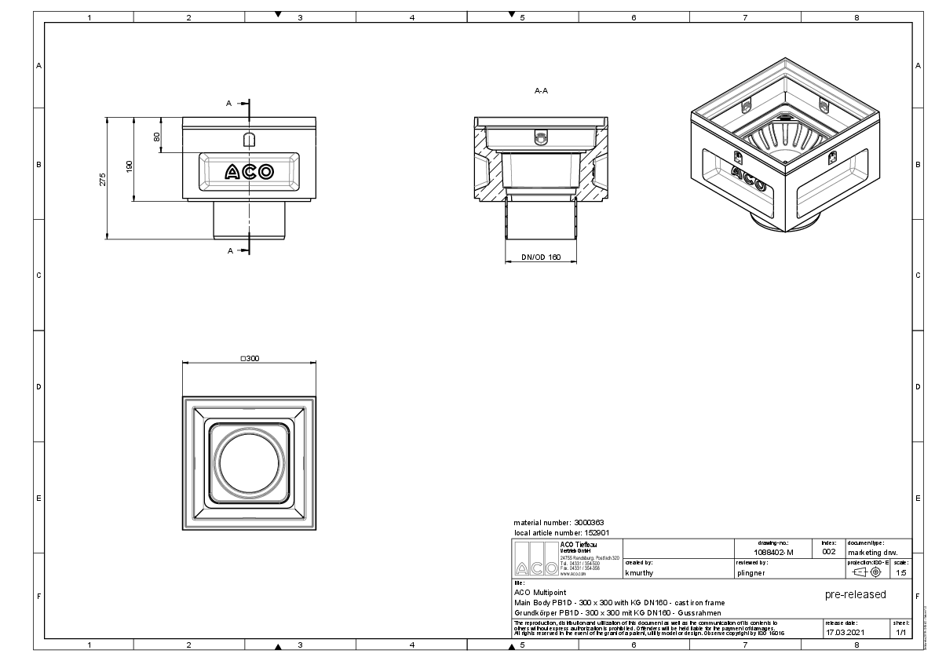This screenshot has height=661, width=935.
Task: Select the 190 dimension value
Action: [130, 166]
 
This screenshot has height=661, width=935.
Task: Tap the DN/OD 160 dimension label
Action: [541, 257]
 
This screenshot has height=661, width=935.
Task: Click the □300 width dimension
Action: [249, 358]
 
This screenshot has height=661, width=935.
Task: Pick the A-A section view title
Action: [541, 91]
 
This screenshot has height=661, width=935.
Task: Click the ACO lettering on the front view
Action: [249, 171]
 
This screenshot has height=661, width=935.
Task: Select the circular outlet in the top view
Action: [249, 462]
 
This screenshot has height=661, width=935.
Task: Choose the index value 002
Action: [828, 552]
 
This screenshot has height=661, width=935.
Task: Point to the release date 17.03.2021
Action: [845, 631]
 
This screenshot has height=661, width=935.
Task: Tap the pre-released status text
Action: [855, 594]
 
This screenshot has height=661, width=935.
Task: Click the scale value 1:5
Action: [901, 572]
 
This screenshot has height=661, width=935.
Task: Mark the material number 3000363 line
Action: [558, 522]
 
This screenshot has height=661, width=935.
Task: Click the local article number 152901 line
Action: [561, 532]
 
